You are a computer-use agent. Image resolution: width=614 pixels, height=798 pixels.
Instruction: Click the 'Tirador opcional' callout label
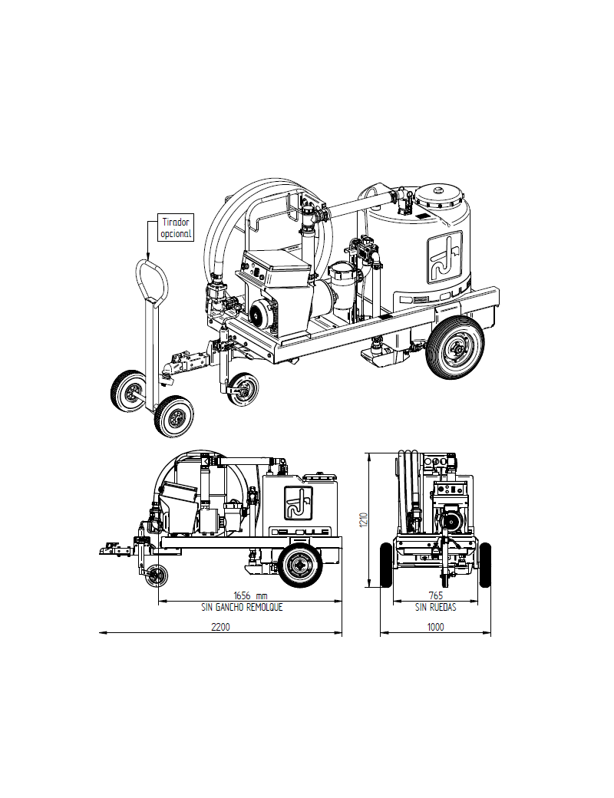(x=175, y=227)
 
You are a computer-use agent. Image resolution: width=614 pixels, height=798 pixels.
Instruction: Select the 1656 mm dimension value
(x=251, y=595)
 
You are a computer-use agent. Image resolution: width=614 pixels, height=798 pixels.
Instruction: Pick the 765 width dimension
(x=435, y=595)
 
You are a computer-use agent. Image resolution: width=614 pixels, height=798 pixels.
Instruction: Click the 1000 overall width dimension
(x=435, y=627)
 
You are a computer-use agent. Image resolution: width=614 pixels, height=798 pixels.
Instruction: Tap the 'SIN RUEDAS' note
(x=435, y=606)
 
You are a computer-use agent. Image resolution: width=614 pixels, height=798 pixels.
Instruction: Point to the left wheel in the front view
(x=387, y=566)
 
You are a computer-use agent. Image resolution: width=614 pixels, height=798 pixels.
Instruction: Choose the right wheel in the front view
(x=485, y=566)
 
